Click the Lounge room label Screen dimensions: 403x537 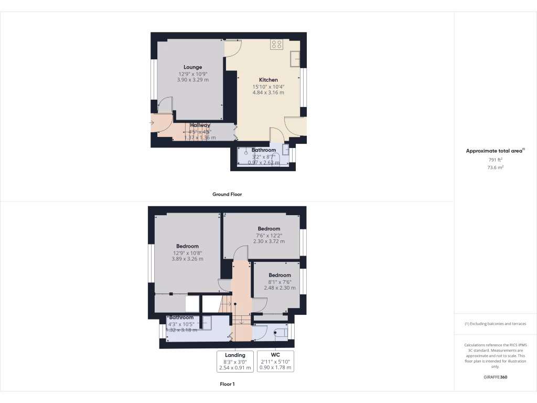point(192,67)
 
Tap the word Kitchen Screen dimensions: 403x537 point(268,80)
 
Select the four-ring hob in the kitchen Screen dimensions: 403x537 point(276,45)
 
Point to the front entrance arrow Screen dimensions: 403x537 point(152,123)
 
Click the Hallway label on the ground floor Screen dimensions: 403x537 point(200,125)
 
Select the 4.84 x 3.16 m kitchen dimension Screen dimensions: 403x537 point(268,92)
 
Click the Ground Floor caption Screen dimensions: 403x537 point(227,194)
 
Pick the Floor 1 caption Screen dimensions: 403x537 point(227,384)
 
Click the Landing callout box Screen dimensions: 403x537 point(235,361)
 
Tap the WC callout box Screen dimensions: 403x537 point(276,361)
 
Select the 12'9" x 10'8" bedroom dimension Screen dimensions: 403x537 point(187,252)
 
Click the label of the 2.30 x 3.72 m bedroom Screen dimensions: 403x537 point(268,229)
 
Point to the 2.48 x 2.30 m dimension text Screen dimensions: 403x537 point(280,288)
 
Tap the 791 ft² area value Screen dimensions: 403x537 point(495,160)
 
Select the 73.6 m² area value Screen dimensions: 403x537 point(495,167)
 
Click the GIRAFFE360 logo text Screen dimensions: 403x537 point(495,377)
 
